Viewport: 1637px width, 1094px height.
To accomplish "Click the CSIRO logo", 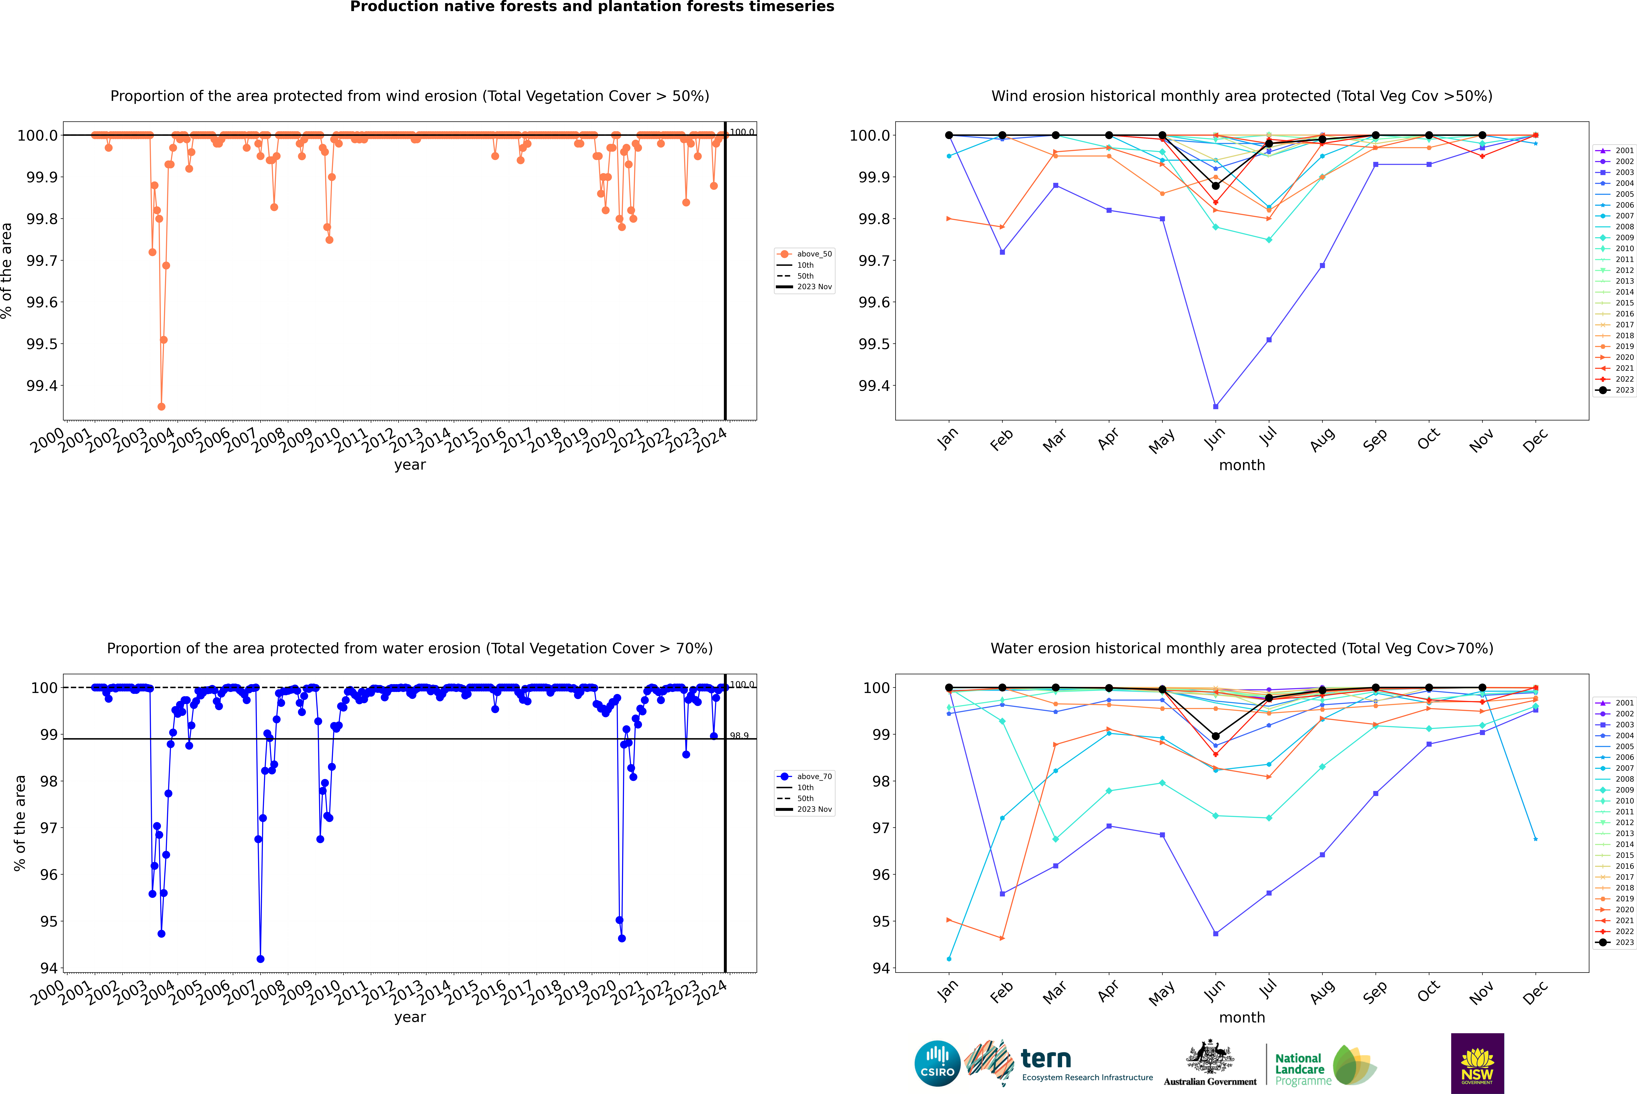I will pyautogui.click(x=937, y=1063).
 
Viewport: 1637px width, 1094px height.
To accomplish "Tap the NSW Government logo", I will pyautogui.click(x=1477, y=1063).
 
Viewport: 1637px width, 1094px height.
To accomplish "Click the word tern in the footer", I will pyautogui.click(x=1045, y=1059).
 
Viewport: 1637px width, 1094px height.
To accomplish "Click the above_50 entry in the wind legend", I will pyautogui.click(x=814, y=254).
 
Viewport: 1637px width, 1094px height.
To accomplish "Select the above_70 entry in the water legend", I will pyautogui.click(x=814, y=777).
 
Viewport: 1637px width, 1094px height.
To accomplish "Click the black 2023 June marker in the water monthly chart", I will pyautogui.click(x=1215, y=736).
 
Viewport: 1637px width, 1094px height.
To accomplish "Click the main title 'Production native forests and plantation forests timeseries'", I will pyautogui.click(x=592, y=7).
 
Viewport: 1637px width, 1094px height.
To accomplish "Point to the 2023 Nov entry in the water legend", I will pyautogui.click(x=814, y=809).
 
